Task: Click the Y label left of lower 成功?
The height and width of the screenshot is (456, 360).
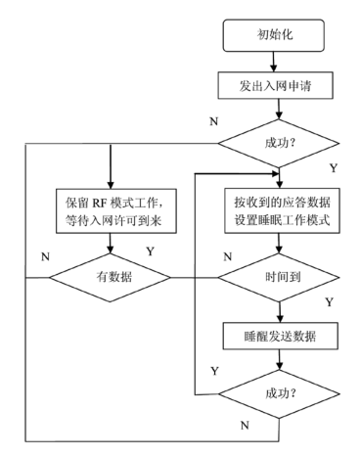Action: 214,371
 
